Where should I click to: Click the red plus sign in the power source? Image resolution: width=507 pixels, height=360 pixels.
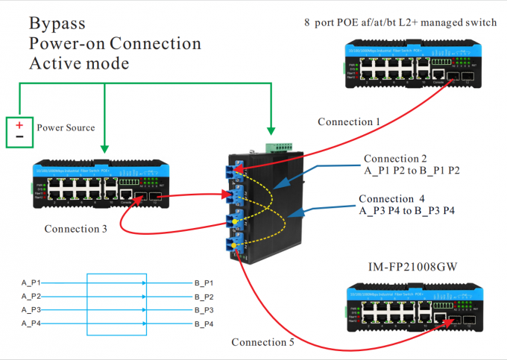coord(20,124)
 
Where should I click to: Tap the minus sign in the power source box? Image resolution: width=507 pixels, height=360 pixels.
coord(20,137)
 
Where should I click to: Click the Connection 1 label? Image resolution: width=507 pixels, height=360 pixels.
coord(348,121)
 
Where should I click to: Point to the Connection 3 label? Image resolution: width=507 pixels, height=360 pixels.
coord(75,229)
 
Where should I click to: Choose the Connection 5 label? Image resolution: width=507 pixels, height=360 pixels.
coord(262,342)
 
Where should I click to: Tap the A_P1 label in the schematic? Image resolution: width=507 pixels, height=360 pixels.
coord(31,283)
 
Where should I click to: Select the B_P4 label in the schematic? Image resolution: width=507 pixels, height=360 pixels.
coord(204,324)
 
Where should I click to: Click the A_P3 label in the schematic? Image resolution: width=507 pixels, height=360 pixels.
coord(31,310)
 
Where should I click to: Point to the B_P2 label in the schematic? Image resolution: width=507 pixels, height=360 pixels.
coord(204,297)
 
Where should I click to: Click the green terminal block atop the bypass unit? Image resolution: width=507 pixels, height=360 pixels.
coord(282,146)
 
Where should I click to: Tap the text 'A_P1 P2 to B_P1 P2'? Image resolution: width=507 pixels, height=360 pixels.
coord(412,171)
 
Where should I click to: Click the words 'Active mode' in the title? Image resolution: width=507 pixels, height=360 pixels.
coord(79,63)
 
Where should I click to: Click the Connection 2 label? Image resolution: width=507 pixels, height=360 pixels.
coord(395,159)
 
